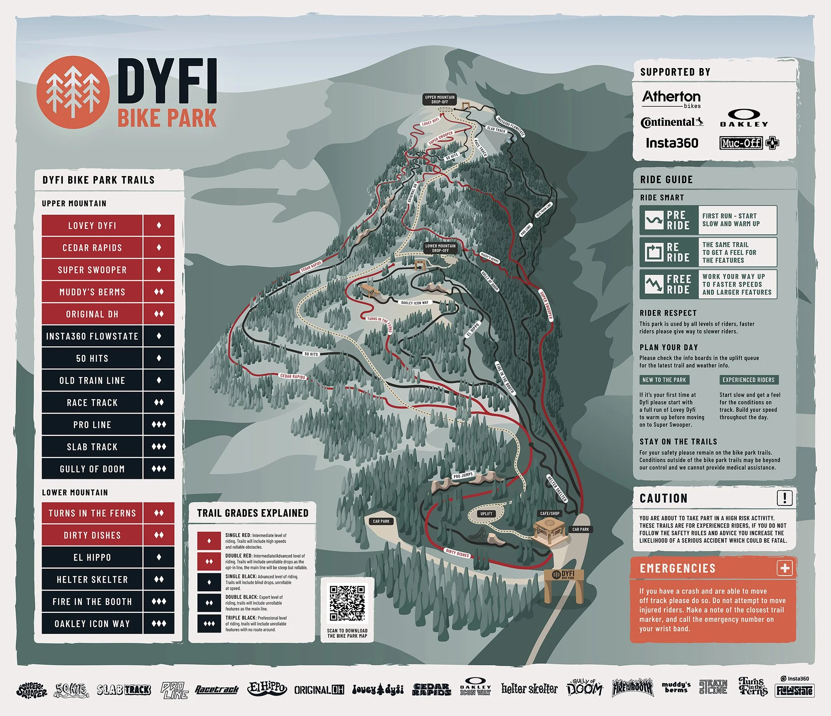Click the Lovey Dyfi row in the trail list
[92, 226]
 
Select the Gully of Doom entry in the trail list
[92, 469]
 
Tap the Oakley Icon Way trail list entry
[92, 623]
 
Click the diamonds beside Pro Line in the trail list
[159, 424]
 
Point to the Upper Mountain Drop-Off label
[440, 99]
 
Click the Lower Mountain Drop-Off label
[440, 248]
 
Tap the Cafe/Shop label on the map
[549, 513]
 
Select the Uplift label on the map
[486, 514]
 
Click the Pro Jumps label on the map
[463, 475]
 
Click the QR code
[347, 603]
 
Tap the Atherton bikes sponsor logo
[671, 99]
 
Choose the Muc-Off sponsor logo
[749, 143]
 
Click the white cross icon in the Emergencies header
[785, 568]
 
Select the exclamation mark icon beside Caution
[784, 498]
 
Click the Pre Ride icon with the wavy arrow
[654, 220]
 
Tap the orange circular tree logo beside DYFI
[73, 92]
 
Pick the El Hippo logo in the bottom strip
[267, 689]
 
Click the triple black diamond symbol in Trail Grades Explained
[209, 623]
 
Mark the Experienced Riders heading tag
[748, 380]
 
